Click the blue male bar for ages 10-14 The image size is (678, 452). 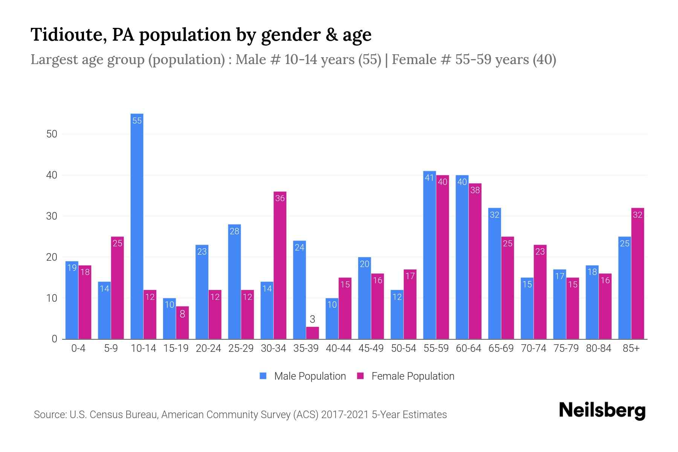137,226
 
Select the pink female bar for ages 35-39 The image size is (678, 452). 312,333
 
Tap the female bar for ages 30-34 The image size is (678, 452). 280,265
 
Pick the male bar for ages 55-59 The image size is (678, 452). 429,255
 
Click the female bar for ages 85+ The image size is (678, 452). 638,273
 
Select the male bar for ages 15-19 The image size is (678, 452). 169,319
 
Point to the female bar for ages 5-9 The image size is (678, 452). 118,288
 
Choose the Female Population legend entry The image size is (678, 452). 406,376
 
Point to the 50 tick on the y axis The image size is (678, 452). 52,134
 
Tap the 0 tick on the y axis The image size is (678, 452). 55,339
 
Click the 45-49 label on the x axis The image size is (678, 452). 371,348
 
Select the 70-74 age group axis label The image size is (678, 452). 533,348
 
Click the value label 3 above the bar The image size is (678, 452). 312,319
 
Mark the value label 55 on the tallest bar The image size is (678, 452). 137,121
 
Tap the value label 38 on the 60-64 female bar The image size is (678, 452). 475,190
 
